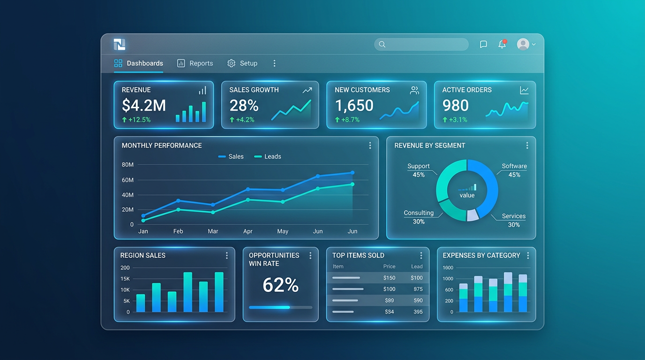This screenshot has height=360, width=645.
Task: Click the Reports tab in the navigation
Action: coord(195,63)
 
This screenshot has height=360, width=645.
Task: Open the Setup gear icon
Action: coord(231,63)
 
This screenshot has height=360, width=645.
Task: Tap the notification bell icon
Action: coord(502,45)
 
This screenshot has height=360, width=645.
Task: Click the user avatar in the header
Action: coord(523,45)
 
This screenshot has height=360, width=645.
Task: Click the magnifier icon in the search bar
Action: coord(382,45)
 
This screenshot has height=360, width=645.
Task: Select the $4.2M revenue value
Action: coord(144,105)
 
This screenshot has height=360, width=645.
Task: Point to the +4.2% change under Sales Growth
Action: coord(242,120)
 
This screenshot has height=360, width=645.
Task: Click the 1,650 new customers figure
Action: coord(354,105)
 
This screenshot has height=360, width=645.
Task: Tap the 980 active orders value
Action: coord(456,105)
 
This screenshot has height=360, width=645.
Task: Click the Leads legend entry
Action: coord(268,157)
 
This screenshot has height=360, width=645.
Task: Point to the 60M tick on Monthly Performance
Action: coord(127,180)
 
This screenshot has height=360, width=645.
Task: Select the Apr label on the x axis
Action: coord(248,232)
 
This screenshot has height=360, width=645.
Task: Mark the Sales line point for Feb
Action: coord(178,201)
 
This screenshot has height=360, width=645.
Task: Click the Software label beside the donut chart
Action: coord(514,166)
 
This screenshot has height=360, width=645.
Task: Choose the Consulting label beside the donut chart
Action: coord(419,213)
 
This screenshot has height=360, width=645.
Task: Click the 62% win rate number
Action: coord(280,285)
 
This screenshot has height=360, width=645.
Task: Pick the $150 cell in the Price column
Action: coord(389,278)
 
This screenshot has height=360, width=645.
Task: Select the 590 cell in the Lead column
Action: coord(418,300)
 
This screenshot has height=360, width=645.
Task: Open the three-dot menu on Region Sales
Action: coord(227,255)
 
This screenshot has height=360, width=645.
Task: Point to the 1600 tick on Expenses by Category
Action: coord(448,268)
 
